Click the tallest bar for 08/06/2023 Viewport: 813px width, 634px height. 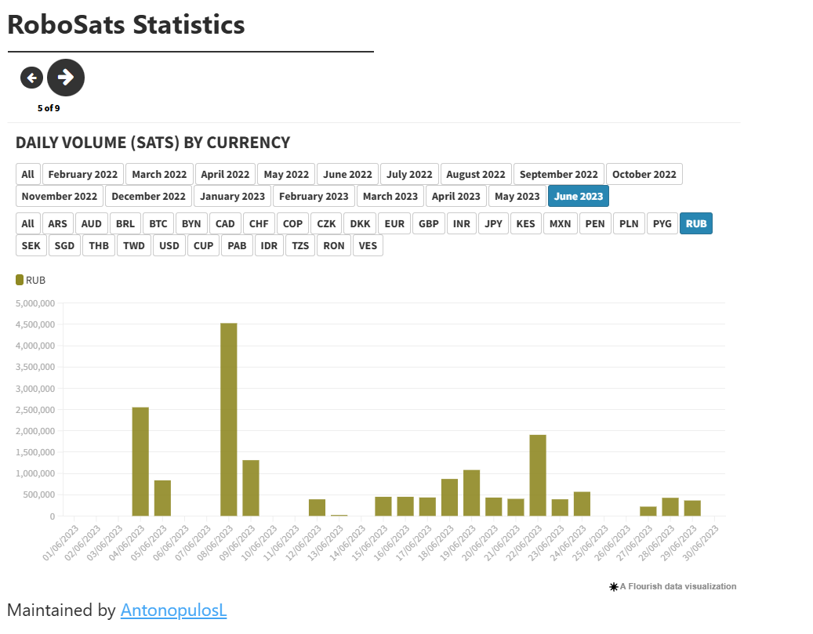coord(228,419)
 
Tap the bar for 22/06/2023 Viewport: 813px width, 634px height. coord(538,475)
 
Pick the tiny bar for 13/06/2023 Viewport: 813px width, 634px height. coord(339,515)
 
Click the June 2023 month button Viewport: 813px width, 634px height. coord(579,196)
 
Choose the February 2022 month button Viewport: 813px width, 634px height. coord(83,174)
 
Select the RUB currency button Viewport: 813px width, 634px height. coord(696,223)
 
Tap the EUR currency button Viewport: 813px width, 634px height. coord(394,223)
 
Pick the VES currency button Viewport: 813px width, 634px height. coord(368,245)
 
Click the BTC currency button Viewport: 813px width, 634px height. coord(158,223)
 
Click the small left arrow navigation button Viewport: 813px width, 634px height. coord(31,78)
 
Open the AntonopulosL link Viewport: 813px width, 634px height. coord(173,610)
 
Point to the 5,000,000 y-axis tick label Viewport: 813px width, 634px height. coord(34,303)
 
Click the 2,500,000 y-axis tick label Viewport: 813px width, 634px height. coord(34,410)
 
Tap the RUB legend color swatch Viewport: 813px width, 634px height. coord(20,280)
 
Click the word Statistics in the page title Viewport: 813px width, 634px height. coord(189,24)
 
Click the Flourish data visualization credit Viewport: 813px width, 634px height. coord(673,586)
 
